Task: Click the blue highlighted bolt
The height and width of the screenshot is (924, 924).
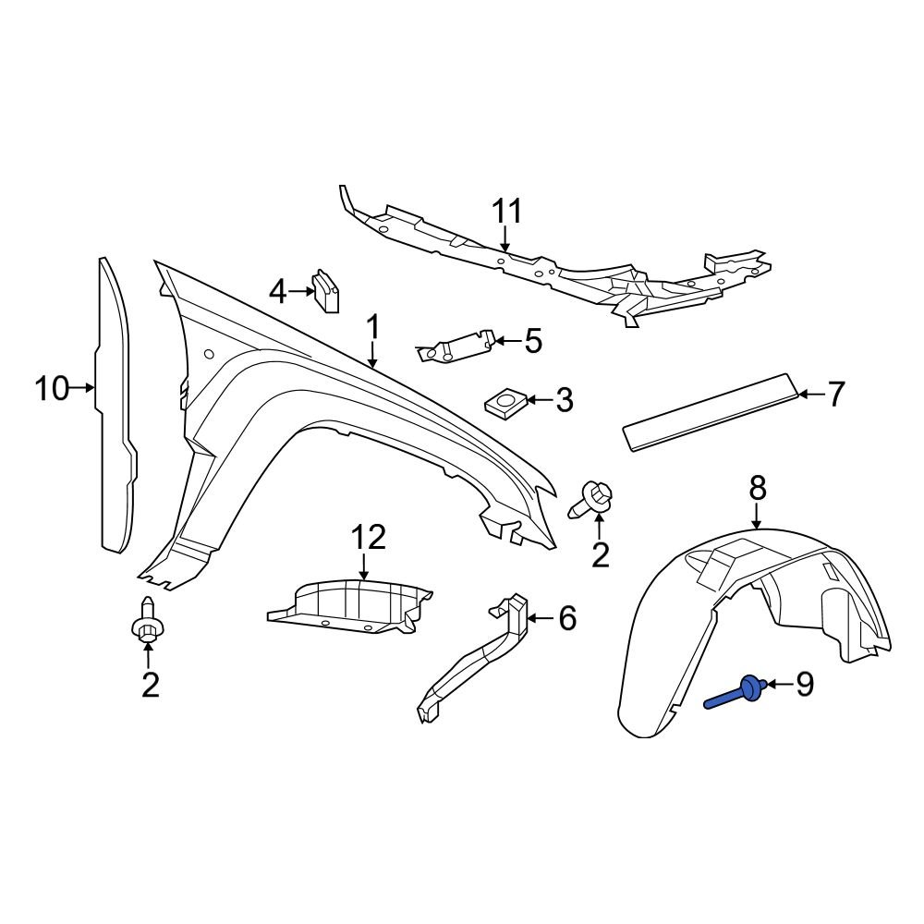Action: tap(739, 692)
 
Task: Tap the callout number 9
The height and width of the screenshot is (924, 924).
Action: tap(805, 684)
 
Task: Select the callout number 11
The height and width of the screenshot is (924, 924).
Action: tap(506, 212)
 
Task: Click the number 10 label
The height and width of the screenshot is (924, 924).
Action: tap(53, 389)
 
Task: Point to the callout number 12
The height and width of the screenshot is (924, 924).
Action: tap(367, 537)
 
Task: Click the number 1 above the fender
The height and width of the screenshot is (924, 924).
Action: tap(373, 328)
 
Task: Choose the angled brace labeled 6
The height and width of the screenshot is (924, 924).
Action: tap(476, 656)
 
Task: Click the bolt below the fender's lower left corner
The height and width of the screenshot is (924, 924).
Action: tap(146, 626)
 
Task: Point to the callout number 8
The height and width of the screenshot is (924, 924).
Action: tap(758, 486)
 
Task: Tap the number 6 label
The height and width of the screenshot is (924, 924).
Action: tap(566, 617)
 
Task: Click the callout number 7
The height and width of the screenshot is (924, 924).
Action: tap(834, 395)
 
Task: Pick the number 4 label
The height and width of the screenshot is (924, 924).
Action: tap(278, 292)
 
